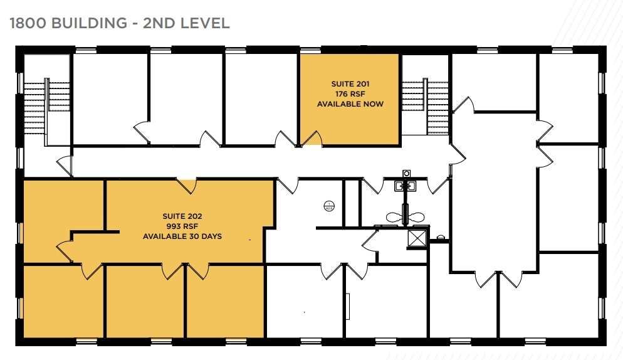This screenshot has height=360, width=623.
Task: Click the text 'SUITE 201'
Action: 350,83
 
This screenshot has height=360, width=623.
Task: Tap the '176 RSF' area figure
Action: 350,93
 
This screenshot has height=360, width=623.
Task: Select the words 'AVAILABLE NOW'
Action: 350,103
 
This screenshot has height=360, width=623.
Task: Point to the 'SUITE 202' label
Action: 182,216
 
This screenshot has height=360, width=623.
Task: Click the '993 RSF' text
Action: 182,226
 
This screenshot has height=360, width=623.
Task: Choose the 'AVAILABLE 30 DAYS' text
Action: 182,236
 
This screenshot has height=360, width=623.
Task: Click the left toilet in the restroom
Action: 395,217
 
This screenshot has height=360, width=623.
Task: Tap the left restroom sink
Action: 400,186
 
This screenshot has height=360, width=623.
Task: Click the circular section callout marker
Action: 328,205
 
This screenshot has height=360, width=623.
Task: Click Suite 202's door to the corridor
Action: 186,184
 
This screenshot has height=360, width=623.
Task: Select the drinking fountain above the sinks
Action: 406,173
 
